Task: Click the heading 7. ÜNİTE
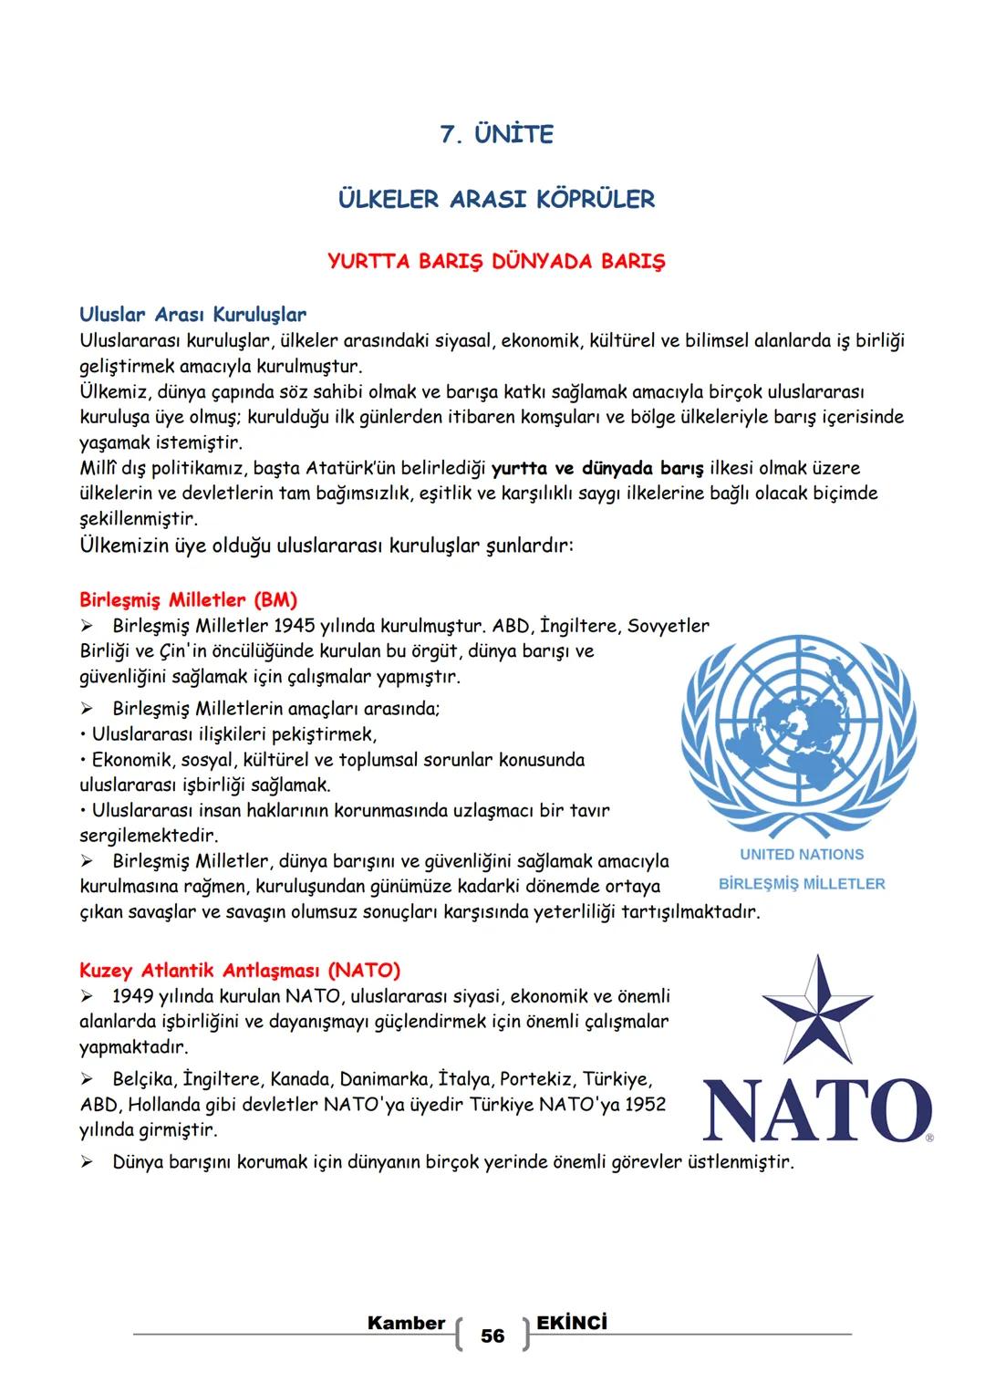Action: pyautogui.click(x=496, y=135)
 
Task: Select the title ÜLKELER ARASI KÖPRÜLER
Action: pyautogui.click(x=496, y=199)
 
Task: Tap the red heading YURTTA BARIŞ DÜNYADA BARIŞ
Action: pyautogui.click(x=496, y=262)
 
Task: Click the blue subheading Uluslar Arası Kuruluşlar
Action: pyautogui.click(x=192, y=315)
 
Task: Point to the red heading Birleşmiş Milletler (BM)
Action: pyautogui.click(x=188, y=600)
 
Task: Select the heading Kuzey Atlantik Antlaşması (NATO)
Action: pyautogui.click(x=240, y=970)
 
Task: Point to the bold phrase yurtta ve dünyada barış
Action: pyautogui.click(x=597, y=469)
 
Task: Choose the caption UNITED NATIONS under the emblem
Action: pyautogui.click(x=802, y=855)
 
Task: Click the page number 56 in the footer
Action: pyautogui.click(x=493, y=1336)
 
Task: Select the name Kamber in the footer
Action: pyautogui.click(x=406, y=1324)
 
